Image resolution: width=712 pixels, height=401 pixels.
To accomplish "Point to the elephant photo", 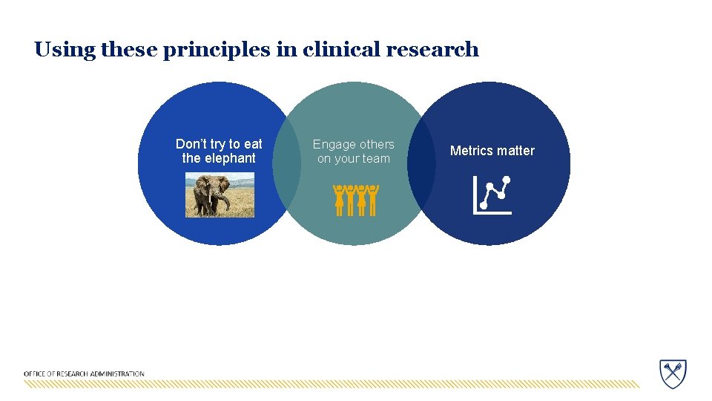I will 220,195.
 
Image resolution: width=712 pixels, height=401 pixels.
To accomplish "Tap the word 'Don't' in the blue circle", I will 191,144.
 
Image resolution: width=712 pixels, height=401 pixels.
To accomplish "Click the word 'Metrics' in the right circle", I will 472,151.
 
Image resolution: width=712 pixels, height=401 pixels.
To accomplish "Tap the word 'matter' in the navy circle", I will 515,151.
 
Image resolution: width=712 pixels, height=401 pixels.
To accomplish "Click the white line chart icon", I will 492,195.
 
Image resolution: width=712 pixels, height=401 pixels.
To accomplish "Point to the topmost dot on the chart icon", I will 507,180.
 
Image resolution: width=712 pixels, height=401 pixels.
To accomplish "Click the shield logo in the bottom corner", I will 673,373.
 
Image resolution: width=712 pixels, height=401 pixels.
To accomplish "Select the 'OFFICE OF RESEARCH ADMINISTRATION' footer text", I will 84,374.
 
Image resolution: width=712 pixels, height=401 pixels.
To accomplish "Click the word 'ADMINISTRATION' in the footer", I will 119,374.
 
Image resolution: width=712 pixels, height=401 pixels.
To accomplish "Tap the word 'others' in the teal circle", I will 377,145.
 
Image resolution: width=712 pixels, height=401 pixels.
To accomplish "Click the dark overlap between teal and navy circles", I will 421,163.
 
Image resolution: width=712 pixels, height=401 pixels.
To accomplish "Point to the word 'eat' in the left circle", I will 253,144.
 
